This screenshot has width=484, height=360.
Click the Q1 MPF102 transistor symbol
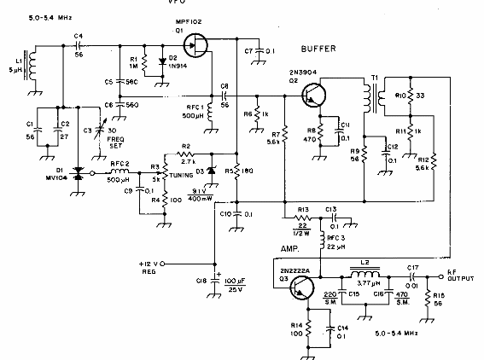tap(195, 44)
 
